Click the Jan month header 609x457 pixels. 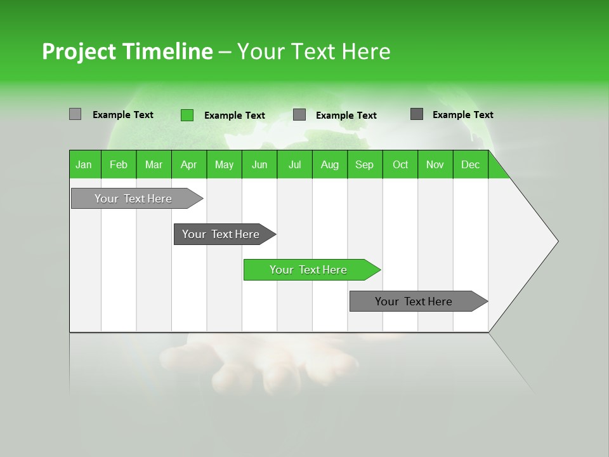(x=84, y=164)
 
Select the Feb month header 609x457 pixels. (x=119, y=164)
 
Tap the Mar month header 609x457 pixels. (x=154, y=164)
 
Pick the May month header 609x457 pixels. (x=224, y=164)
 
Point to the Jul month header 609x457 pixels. (x=294, y=164)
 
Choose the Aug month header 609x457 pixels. (x=330, y=164)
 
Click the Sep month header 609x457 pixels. (x=365, y=164)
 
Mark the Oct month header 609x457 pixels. (x=400, y=164)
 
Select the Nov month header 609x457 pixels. (x=435, y=164)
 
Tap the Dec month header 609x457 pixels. (x=471, y=164)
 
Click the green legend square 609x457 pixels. (x=187, y=115)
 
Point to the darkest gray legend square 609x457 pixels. (x=417, y=114)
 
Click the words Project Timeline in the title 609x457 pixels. (x=127, y=51)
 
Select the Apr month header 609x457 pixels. (x=188, y=164)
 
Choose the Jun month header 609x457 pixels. (x=259, y=164)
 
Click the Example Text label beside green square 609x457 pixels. (x=235, y=116)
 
